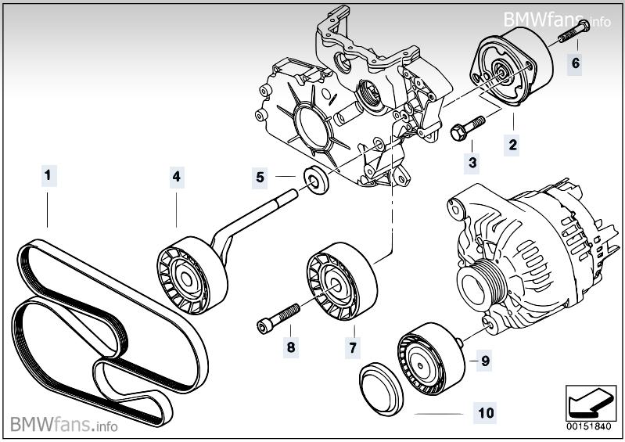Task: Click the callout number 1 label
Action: [48, 176]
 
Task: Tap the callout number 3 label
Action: [472, 163]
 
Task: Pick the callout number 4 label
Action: [178, 177]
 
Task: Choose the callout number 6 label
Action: [575, 63]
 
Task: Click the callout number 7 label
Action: [353, 346]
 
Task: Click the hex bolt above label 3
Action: [466, 129]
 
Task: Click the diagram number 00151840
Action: [587, 426]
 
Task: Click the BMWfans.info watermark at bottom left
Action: [65, 426]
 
